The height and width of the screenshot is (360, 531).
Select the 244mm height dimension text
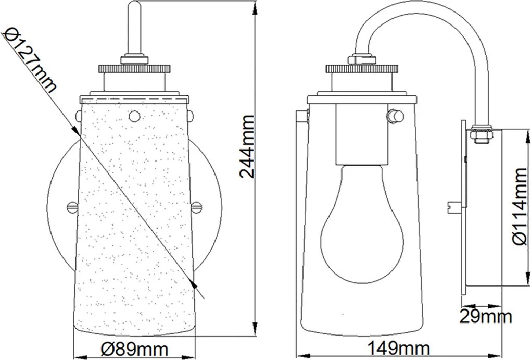(247, 146)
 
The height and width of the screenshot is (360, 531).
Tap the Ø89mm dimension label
(135, 349)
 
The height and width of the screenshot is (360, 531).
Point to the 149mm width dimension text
(398, 349)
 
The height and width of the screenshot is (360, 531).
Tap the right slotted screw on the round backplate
(197, 206)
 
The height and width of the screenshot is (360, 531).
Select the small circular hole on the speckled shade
(134, 116)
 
